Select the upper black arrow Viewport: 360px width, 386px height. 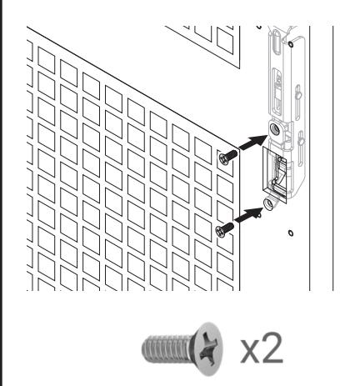tap(248, 144)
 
